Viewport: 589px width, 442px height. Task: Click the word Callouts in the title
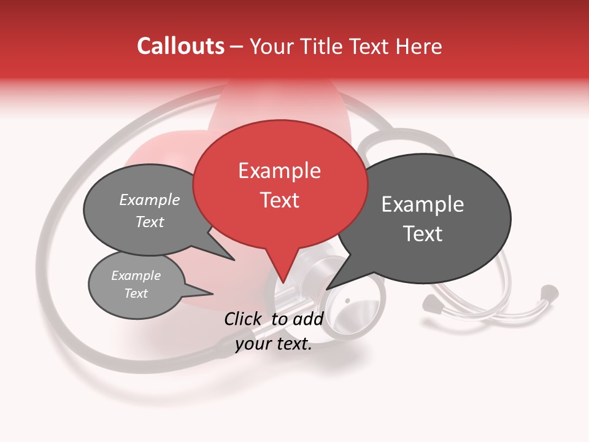coord(180,46)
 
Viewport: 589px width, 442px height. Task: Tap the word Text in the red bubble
coord(279,200)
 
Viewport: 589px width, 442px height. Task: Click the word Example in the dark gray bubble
coord(423,204)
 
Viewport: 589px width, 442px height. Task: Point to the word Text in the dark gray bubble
coord(423,234)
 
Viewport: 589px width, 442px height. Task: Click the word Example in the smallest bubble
coord(136,276)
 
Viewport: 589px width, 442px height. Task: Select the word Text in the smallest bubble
coord(136,293)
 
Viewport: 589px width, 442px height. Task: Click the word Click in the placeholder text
coord(243,319)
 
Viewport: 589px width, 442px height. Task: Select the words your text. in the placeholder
coord(274,344)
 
